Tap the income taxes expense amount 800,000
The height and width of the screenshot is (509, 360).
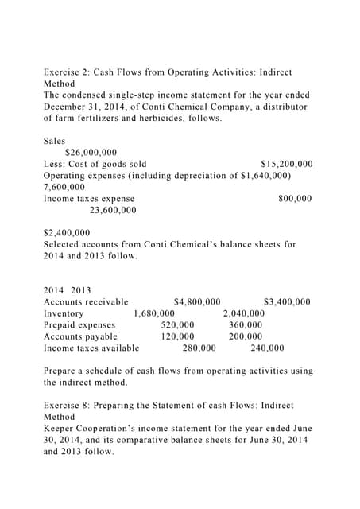295,198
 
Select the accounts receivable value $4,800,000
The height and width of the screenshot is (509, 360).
196,302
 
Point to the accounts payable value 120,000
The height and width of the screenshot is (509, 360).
177,336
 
